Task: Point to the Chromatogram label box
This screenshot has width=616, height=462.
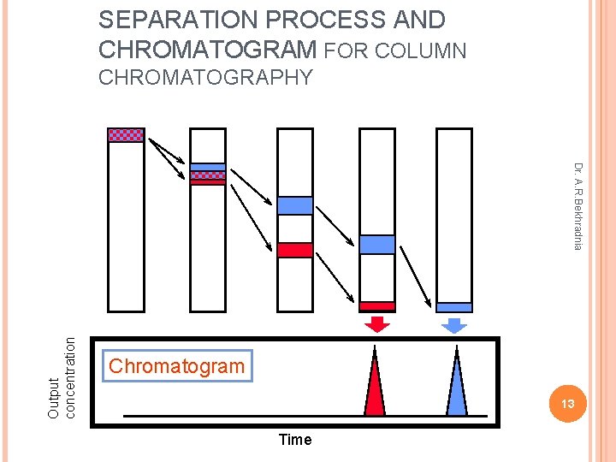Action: [176, 366]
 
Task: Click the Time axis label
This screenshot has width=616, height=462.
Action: [295, 440]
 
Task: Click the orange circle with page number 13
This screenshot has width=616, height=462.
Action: [566, 402]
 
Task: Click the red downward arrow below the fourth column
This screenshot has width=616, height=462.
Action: [376, 323]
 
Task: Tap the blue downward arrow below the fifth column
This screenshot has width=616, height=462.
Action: [454, 324]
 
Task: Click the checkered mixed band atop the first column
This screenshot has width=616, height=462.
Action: [126, 134]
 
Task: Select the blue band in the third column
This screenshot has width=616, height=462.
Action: [295, 205]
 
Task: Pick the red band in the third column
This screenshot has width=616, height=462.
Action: [295, 250]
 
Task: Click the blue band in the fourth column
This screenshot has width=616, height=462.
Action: [376, 245]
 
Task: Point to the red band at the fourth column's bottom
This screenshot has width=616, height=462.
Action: [376, 305]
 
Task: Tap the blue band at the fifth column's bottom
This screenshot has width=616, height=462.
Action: [454, 307]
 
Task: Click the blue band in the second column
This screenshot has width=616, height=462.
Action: [207, 168]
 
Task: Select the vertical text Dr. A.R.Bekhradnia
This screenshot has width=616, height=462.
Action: [578, 206]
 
